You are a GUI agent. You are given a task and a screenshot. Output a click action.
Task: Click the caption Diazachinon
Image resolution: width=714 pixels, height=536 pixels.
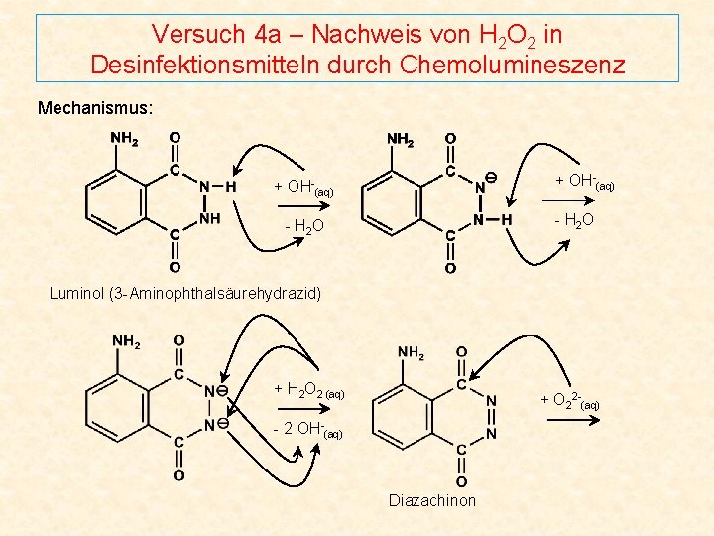pyautogui.click(x=432, y=500)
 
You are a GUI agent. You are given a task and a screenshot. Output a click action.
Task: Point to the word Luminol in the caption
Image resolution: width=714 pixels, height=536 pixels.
pyautogui.click(x=76, y=293)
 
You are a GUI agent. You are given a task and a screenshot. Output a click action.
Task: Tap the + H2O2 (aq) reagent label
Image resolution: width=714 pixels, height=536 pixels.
pyautogui.click(x=308, y=390)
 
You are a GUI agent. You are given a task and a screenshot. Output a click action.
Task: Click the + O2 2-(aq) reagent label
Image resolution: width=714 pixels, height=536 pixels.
pyautogui.click(x=569, y=400)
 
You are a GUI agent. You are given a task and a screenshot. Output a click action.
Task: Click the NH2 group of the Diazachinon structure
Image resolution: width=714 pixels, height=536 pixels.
pyautogui.click(x=412, y=352)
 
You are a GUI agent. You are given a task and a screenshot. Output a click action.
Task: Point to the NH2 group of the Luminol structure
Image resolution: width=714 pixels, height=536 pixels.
pyautogui.click(x=124, y=138)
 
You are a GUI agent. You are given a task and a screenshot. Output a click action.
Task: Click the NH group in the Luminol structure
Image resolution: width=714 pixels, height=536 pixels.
pyautogui.click(x=209, y=217)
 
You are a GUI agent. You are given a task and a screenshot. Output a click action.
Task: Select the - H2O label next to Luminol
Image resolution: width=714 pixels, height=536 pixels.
pyautogui.click(x=304, y=228)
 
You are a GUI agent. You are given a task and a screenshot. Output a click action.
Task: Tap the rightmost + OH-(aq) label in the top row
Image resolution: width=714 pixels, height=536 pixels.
pyautogui.click(x=584, y=182)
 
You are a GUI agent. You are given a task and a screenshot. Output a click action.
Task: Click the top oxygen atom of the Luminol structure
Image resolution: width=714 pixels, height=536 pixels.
pyautogui.click(x=175, y=137)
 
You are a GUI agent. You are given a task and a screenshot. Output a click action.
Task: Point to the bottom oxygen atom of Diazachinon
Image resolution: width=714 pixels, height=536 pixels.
pyautogui.click(x=462, y=482)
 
